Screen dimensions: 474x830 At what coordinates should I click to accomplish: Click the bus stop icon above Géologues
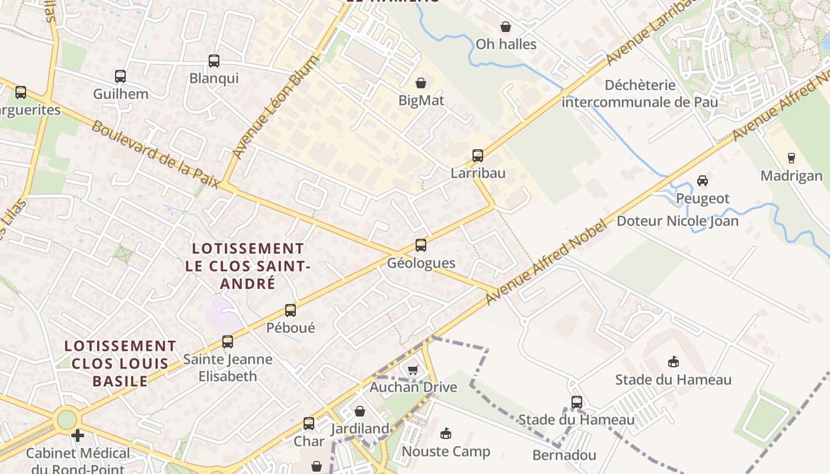point(420,245)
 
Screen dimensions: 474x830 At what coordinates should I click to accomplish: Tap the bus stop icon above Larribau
point(478,156)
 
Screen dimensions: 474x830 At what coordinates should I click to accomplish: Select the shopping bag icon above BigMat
point(421,83)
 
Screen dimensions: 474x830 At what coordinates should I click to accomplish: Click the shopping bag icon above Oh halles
point(506,27)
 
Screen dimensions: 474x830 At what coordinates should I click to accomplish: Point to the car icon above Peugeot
point(703,180)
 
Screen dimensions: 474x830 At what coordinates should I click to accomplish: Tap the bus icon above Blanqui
point(213,60)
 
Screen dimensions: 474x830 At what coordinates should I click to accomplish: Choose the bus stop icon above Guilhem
point(120,76)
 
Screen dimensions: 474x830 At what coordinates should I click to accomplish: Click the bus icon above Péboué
point(290,310)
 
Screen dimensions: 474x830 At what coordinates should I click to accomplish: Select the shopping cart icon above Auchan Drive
point(413,370)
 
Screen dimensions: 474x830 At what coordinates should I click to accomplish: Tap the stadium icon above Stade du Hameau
point(673,361)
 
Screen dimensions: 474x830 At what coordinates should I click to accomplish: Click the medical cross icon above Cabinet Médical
point(77,435)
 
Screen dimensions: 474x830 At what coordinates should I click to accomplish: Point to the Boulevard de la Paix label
point(155,155)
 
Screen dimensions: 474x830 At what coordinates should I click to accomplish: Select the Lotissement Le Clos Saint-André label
point(247,266)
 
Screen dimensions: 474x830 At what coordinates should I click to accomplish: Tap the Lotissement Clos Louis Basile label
point(120,363)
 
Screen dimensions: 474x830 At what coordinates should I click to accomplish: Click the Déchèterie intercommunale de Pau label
point(640,94)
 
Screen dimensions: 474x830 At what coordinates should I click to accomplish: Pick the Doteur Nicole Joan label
point(678,222)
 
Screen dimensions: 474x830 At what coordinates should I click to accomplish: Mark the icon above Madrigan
point(791,158)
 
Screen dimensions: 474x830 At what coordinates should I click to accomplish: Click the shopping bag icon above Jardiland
point(360,411)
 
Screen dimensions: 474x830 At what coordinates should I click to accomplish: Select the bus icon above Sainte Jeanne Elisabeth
point(228,341)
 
